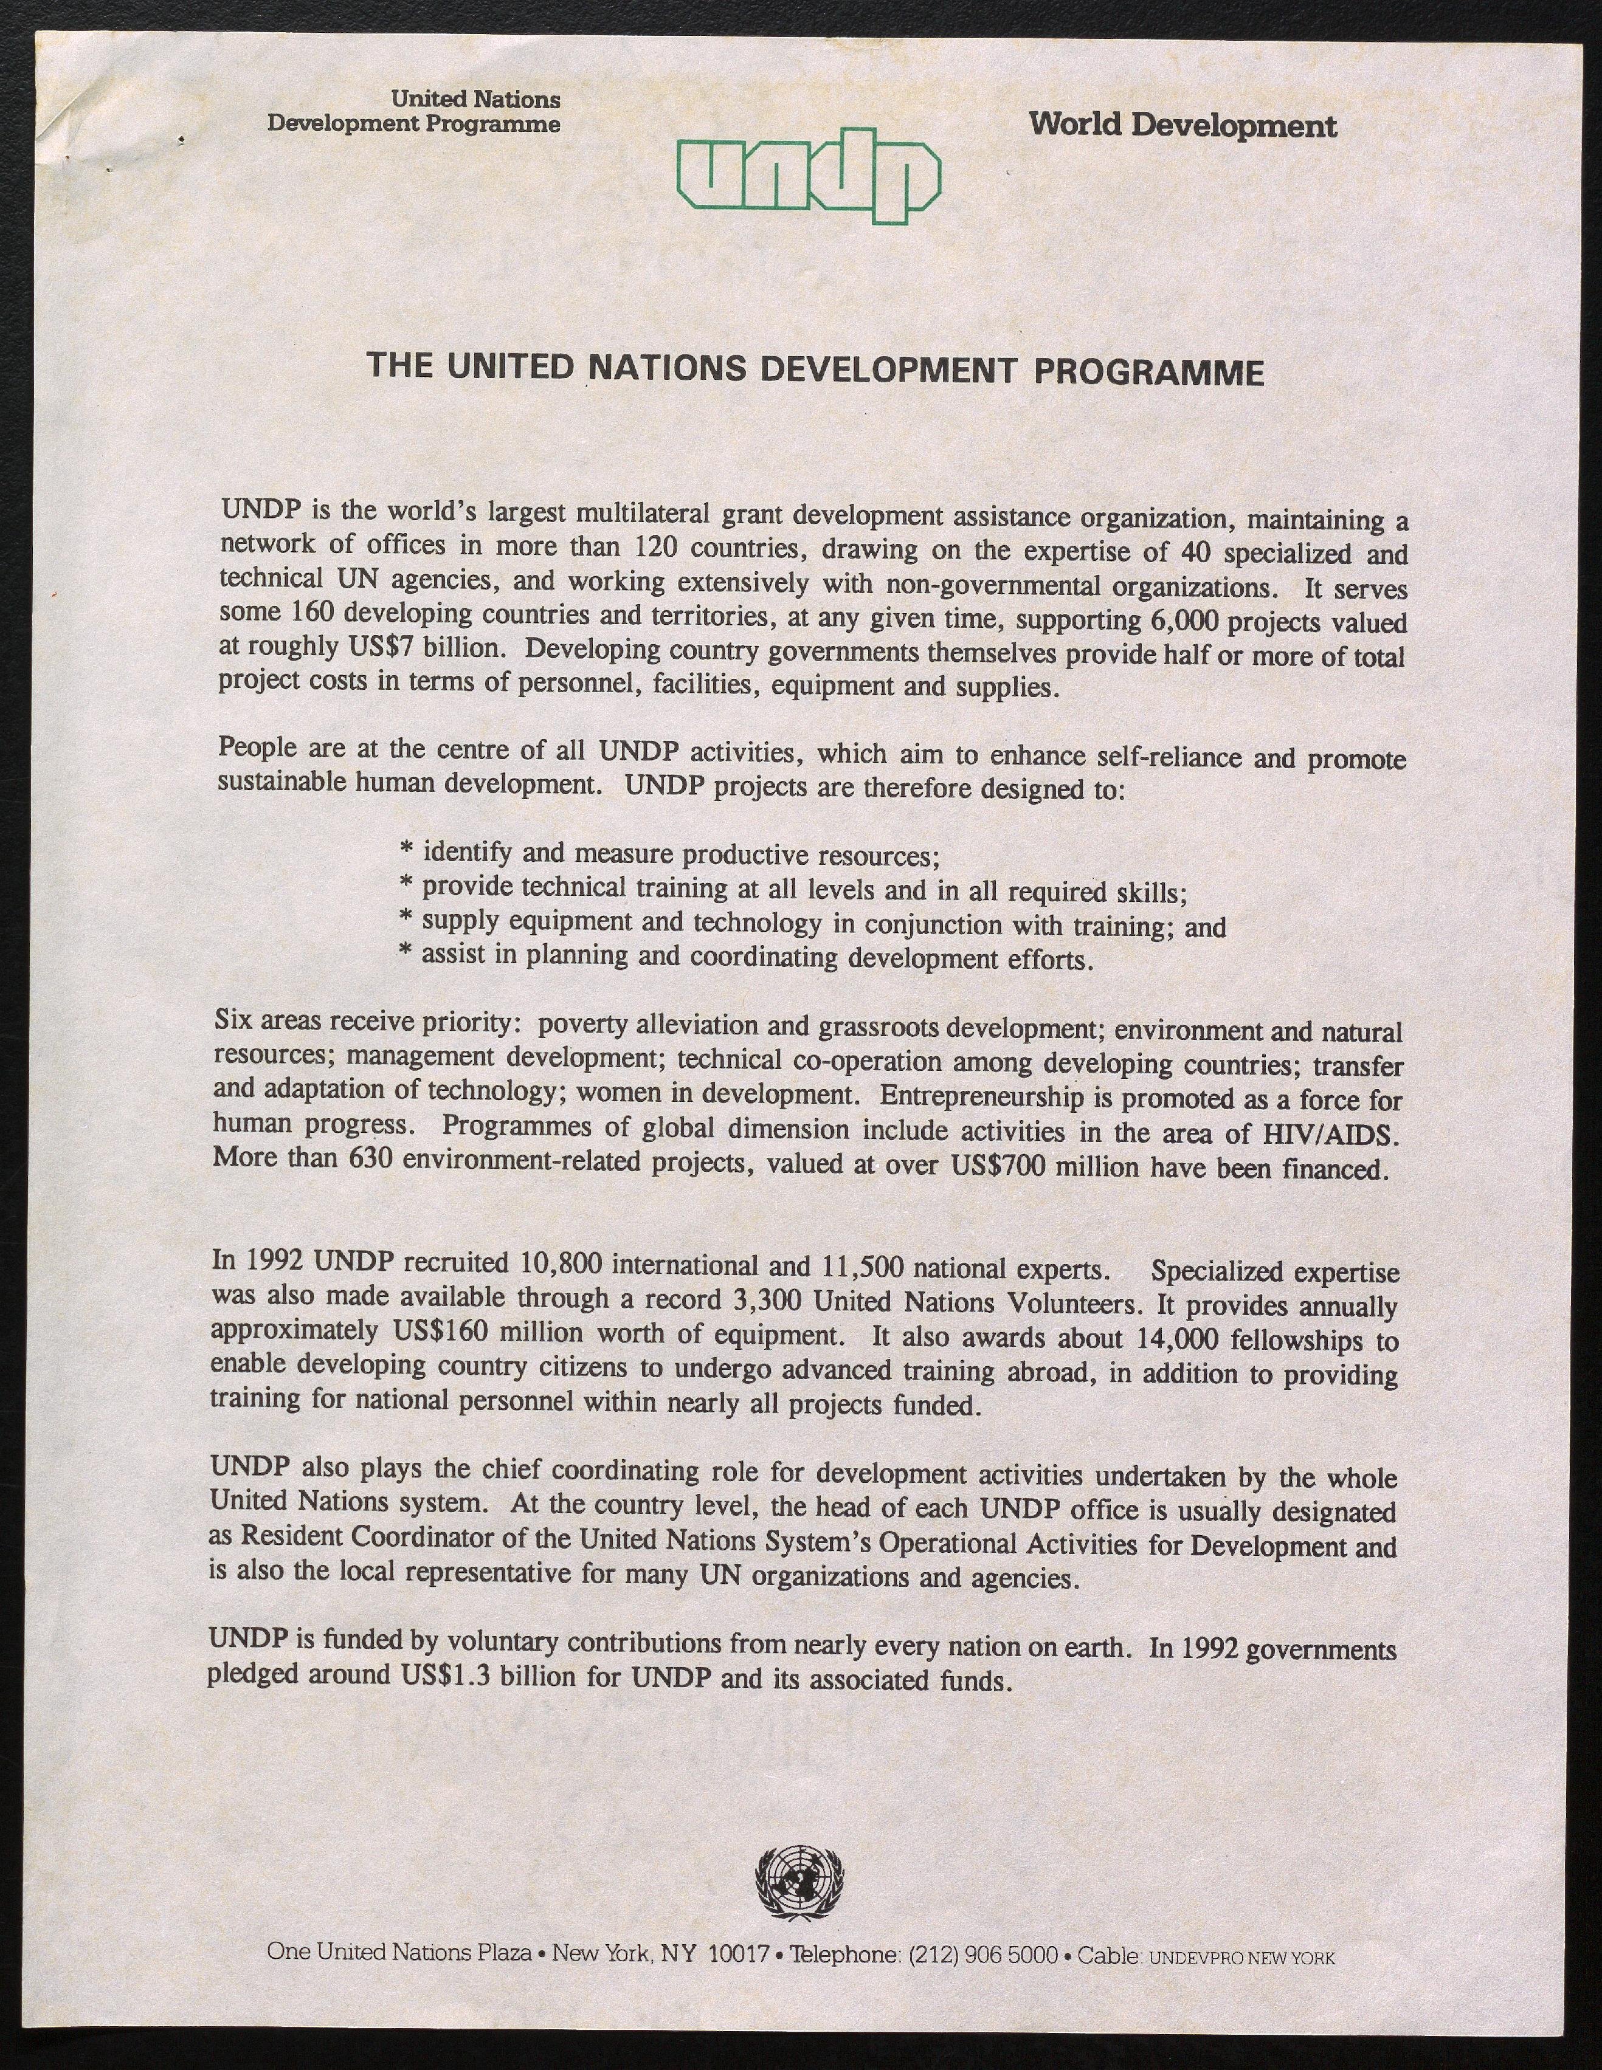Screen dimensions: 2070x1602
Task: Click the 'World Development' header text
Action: point(1182,125)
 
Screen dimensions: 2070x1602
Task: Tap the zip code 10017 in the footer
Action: point(739,1955)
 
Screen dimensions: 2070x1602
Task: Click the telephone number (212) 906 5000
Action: point(983,1955)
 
